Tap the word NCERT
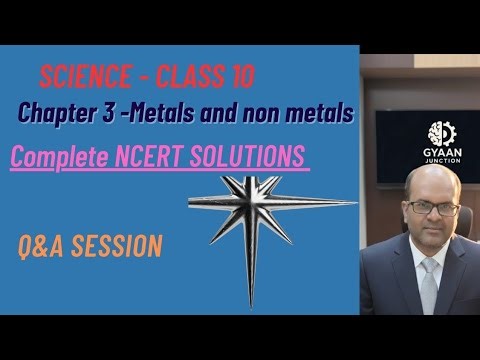tap(172, 158)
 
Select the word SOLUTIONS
tap(256, 158)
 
